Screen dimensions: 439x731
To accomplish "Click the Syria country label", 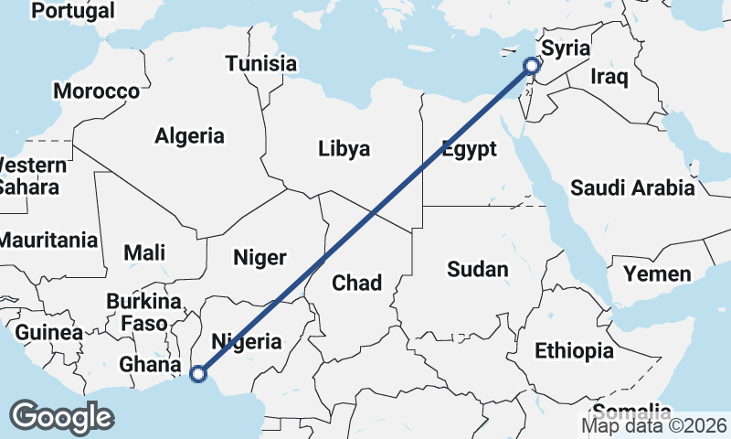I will pos(566,48).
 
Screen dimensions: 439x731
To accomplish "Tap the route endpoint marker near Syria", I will pos(533,65).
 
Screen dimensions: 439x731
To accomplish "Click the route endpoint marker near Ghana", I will pos(197,372).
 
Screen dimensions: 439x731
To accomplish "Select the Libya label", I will pos(344,148).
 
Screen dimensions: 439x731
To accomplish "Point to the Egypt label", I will pos(469,149).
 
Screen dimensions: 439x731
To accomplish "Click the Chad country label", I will pos(356,283).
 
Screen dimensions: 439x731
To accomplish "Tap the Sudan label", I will pos(477,269).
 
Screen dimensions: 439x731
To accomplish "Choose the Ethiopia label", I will pos(574,350).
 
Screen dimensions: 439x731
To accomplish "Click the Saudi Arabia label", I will pos(632,188).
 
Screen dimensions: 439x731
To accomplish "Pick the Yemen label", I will pos(657,273).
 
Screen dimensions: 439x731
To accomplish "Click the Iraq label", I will pos(609,77).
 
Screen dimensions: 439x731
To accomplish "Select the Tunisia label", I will pos(261,64).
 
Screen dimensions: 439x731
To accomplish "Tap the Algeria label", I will pos(189,136).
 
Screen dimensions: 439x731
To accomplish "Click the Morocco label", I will pos(96,91).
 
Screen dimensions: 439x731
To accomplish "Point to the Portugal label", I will pos(73,11).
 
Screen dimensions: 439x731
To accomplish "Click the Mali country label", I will pos(144,252).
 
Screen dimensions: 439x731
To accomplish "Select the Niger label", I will pos(260,258).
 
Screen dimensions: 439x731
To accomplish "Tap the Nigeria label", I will pos(247,342).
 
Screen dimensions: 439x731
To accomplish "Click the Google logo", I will pos(61,416).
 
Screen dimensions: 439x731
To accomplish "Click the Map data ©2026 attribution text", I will pos(654,426).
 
